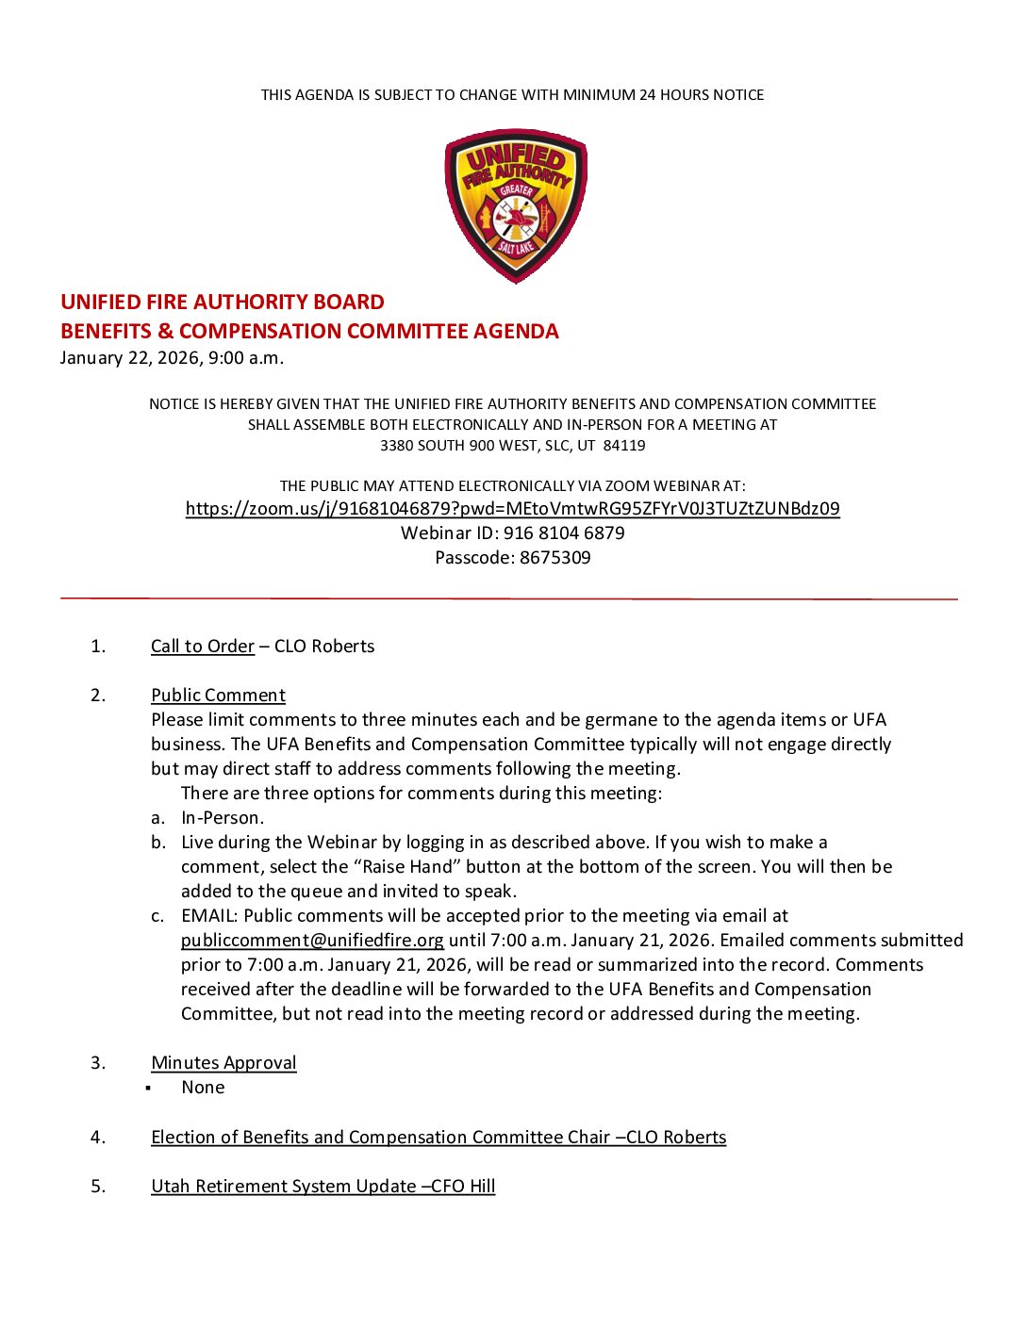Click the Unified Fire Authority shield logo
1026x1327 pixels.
pyautogui.click(x=516, y=205)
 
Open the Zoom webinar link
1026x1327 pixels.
pyautogui.click(x=512, y=509)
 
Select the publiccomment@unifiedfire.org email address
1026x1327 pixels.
pyautogui.click(x=312, y=941)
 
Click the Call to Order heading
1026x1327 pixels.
pyautogui.click(x=203, y=647)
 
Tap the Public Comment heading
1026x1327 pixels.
pyautogui.click(x=218, y=696)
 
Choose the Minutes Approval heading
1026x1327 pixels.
pyautogui.click(x=223, y=1063)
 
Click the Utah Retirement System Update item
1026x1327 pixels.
pyautogui.click(x=323, y=1187)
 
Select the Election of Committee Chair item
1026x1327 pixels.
pyautogui.click(x=439, y=1138)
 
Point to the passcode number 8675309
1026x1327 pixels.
pyautogui.click(x=555, y=558)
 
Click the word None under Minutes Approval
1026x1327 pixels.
pyautogui.click(x=203, y=1088)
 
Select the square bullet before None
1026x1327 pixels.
pyautogui.click(x=149, y=1089)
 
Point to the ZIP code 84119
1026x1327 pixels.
pyautogui.click(x=624, y=446)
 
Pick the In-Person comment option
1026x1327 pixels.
pyautogui.click(x=223, y=818)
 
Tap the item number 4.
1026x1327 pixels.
pyautogui.click(x=98, y=1138)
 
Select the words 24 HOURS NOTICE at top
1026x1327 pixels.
pyautogui.click(x=702, y=95)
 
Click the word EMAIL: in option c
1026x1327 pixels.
pyautogui.click(x=209, y=916)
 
